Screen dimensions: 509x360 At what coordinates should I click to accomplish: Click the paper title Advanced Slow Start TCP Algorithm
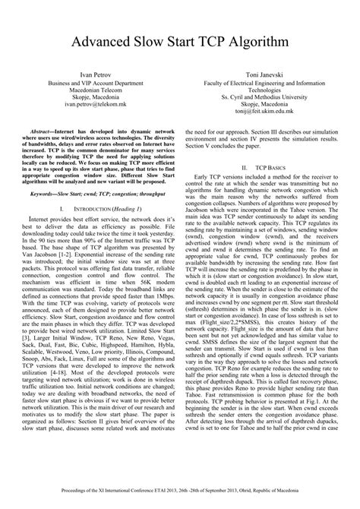[x=179, y=40]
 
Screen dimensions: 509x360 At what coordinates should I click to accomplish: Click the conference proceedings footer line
[x=179, y=493]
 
